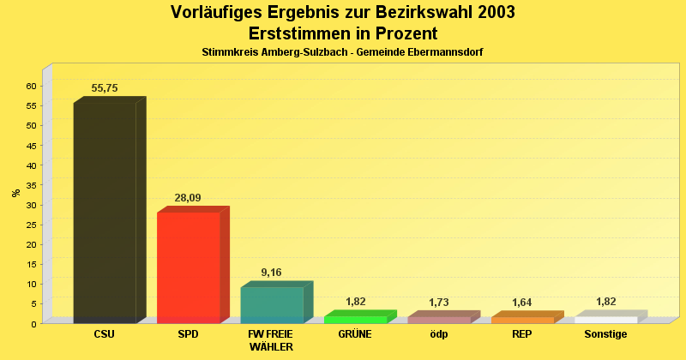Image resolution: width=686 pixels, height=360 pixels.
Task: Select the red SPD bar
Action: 189,267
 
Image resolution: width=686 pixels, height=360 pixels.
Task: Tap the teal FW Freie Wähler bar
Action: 272,304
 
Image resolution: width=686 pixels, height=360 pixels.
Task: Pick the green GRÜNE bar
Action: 355,319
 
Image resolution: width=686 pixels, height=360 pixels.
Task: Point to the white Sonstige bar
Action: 605,319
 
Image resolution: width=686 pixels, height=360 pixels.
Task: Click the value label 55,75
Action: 105,88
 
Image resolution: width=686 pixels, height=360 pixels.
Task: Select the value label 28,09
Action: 188,198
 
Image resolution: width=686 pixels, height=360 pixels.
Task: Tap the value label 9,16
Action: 271,273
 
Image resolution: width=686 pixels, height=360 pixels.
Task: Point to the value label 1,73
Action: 438,303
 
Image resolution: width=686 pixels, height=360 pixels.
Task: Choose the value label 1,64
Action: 521,303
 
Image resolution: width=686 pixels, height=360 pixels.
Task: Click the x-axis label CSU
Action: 105,334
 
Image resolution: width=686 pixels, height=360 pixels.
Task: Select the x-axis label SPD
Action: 188,334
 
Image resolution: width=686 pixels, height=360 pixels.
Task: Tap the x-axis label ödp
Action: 438,334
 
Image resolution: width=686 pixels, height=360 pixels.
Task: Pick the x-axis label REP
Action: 521,334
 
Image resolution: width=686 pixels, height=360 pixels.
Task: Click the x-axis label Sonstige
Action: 605,334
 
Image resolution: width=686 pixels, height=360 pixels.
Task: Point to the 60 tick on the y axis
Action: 31,86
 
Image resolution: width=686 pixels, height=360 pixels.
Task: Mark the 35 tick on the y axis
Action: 31,185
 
